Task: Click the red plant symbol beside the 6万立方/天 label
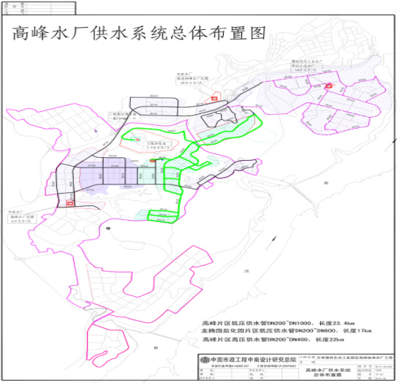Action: click(x=69, y=204)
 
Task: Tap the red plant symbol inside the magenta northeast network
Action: click(x=329, y=86)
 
